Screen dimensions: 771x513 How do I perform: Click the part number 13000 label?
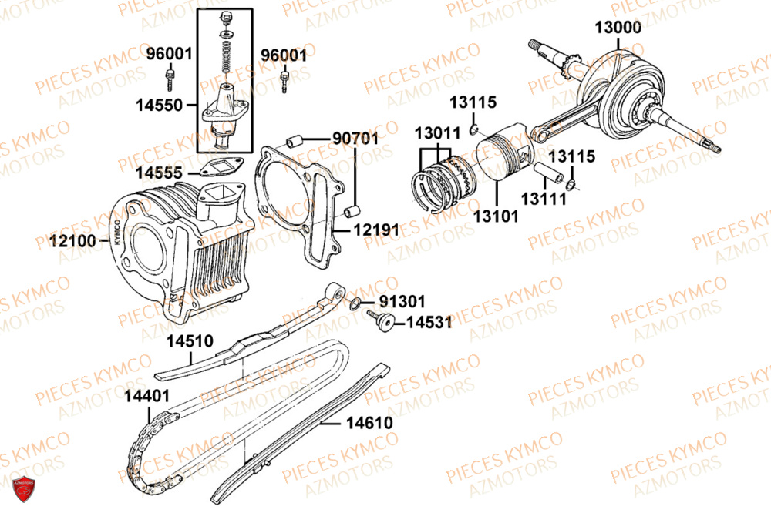pyautogui.click(x=618, y=28)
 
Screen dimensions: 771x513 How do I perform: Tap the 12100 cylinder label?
pyautogui.click(x=72, y=241)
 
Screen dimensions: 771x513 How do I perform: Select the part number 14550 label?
pyautogui.click(x=159, y=106)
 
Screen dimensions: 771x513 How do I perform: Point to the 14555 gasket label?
pyautogui.click(x=159, y=173)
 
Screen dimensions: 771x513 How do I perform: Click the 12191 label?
pyautogui.click(x=377, y=230)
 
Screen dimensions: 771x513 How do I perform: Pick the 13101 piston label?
pyautogui.click(x=496, y=216)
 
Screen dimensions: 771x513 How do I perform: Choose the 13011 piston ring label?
pyautogui.click(x=437, y=133)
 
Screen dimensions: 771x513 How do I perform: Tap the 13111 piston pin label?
pyautogui.click(x=544, y=199)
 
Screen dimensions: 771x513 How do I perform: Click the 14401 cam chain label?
pyautogui.click(x=146, y=396)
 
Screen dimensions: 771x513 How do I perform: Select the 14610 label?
pyautogui.click(x=369, y=423)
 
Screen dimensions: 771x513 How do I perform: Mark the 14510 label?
pyautogui.click(x=190, y=341)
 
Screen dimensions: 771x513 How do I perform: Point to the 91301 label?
pyautogui.click(x=402, y=301)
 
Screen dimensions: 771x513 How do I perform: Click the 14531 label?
pyautogui.click(x=429, y=322)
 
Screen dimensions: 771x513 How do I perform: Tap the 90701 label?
pyautogui.click(x=355, y=139)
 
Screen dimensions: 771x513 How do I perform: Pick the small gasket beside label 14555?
pyautogui.click(x=221, y=166)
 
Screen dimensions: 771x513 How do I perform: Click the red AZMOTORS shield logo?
pyautogui.click(x=23, y=488)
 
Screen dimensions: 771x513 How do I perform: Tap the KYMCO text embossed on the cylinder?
pyautogui.click(x=117, y=232)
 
